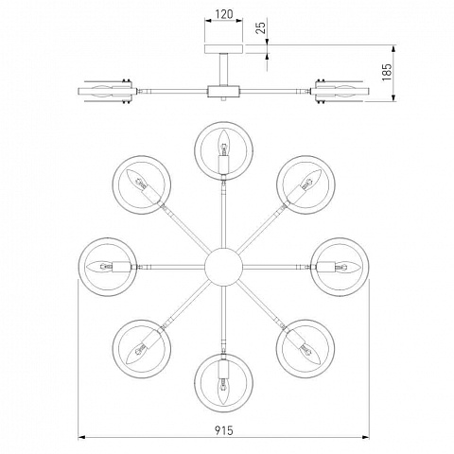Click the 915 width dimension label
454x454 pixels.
224,429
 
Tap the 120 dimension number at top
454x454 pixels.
224,14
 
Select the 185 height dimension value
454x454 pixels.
387,72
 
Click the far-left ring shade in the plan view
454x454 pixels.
79,267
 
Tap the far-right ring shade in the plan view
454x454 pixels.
368,267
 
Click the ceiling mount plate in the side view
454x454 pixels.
224,49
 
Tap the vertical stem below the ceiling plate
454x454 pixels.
224,69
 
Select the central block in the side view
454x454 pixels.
223,91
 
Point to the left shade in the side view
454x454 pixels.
107,91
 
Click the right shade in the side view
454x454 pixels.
340,91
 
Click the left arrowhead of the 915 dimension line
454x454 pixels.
81,437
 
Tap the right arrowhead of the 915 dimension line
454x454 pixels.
366,437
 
